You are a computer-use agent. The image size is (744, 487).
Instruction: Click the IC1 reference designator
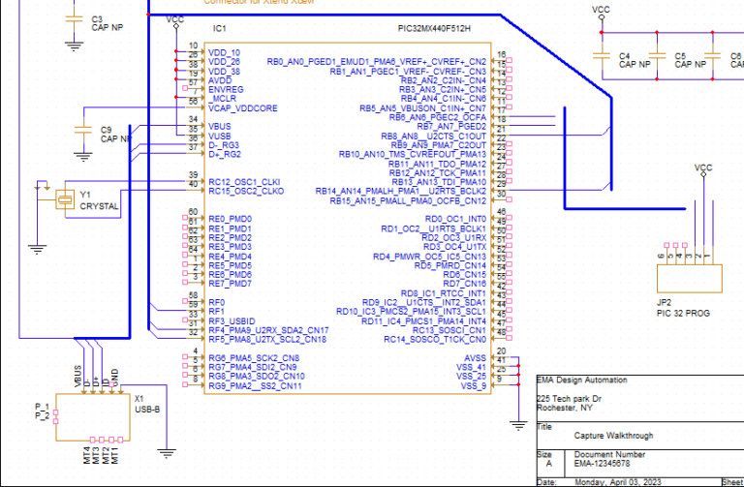pos(219,29)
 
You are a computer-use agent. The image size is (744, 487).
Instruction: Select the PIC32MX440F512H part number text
pos(442,29)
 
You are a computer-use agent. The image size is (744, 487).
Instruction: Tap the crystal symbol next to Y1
pos(65,198)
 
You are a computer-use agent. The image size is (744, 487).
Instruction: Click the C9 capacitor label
pos(107,129)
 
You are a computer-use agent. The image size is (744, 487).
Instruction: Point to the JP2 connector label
pos(665,301)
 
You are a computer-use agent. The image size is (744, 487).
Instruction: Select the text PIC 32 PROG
pos(684,313)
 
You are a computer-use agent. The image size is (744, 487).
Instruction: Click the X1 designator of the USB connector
pos(139,397)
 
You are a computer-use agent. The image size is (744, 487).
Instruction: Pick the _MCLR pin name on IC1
pos(226,100)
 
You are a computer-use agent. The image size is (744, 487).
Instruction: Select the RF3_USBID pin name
pos(232,320)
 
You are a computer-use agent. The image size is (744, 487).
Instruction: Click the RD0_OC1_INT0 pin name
pos(455,219)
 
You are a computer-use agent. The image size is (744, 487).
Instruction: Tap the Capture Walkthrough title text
pos(613,436)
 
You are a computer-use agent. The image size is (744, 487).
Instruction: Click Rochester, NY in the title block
pos(567,408)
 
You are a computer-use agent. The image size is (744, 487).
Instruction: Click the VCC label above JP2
pos(703,167)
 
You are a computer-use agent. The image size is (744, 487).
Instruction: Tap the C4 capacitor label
pos(625,56)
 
